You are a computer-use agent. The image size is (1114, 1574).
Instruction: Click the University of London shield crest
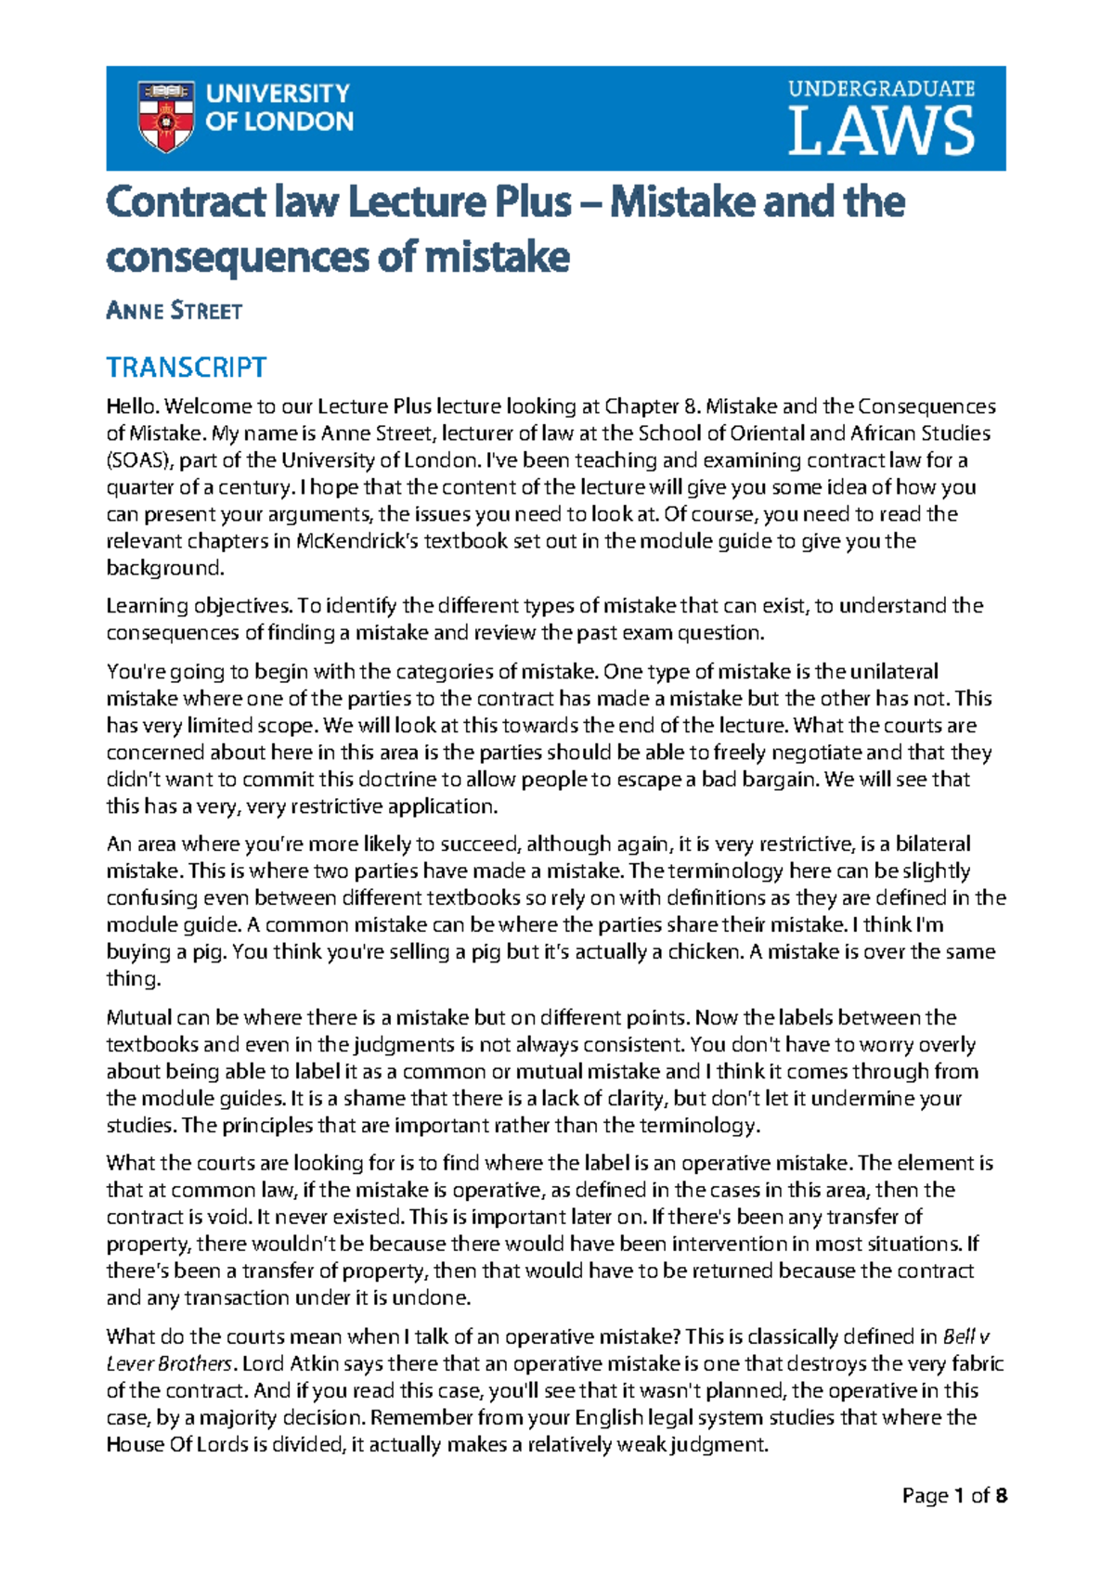tap(165, 115)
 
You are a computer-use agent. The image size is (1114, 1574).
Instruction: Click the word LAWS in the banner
tap(881, 132)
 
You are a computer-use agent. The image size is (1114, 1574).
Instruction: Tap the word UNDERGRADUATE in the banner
tap(881, 89)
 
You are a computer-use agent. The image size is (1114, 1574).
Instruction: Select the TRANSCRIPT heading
tap(187, 368)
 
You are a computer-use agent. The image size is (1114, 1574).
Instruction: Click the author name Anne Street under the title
tap(175, 311)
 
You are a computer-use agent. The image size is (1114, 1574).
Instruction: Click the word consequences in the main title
tap(239, 256)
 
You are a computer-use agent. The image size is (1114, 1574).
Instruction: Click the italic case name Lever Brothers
tap(168, 1363)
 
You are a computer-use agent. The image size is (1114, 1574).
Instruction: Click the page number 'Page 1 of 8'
tap(954, 1495)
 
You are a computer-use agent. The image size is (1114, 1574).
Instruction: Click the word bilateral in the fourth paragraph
tap(926, 844)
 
